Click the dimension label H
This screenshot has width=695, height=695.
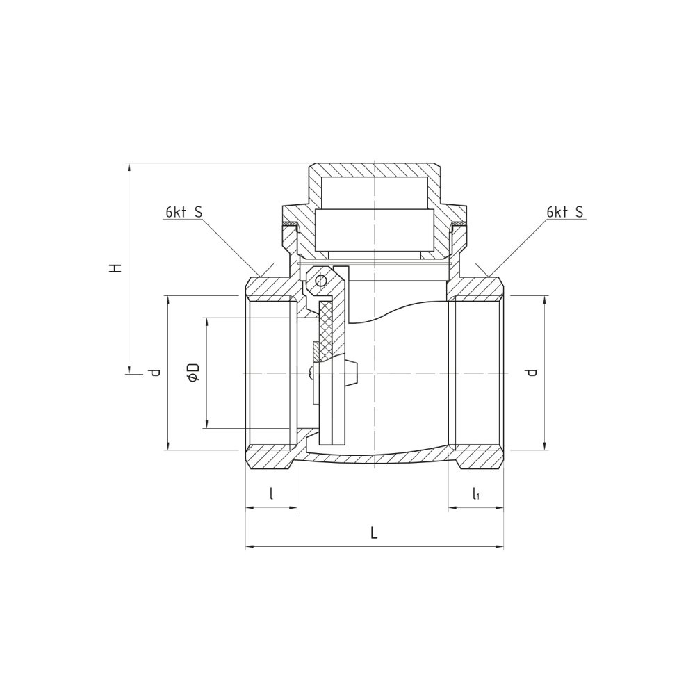coord(116,268)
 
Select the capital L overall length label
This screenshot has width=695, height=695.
coord(374,533)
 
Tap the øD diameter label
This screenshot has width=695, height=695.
coord(194,373)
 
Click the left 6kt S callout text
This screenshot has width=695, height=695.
coord(184,213)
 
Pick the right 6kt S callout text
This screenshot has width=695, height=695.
coord(565,213)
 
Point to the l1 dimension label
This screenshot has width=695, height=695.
coord(475,493)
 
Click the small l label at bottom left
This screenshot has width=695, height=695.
coord(271,493)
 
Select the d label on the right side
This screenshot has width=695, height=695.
coord(532,373)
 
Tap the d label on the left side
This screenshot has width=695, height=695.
coord(154,373)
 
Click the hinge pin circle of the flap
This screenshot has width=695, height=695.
coord(320,280)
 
